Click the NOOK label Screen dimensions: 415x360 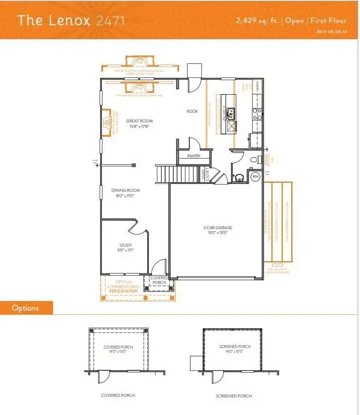192,111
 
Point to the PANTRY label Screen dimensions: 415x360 194,154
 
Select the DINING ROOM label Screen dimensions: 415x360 122,191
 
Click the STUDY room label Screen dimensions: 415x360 125,244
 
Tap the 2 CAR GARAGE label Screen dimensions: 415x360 217,227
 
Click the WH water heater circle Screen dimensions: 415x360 254,177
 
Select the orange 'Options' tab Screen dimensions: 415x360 26,308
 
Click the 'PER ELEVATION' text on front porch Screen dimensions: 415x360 124,291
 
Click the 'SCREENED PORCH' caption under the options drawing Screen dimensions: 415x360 233,396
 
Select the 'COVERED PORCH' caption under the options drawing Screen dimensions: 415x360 118,396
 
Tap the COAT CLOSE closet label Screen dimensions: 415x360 204,175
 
